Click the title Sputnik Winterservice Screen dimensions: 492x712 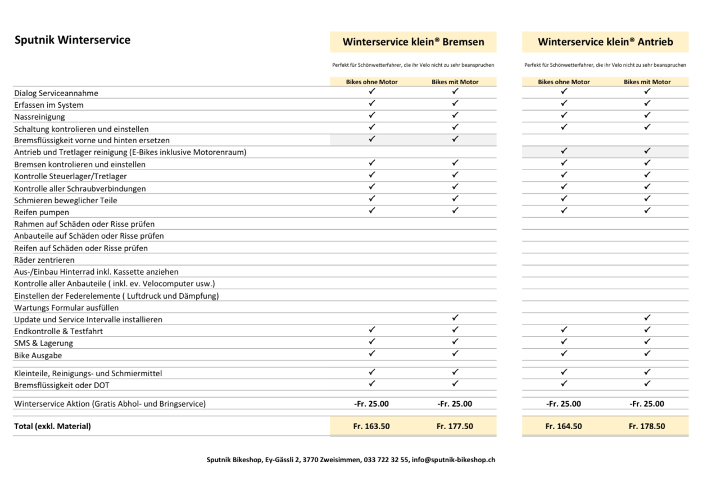pyautogui.click(x=72, y=40)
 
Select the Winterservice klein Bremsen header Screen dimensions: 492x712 pyautogui.click(x=413, y=42)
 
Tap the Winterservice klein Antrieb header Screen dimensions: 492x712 pyautogui.click(x=605, y=42)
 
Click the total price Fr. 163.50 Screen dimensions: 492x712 pyautogui.click(x=371, y=426)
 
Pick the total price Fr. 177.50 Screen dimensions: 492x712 pyautogui.click(x=455, y=426)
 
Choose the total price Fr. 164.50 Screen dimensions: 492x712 pyautogui.click(x=563, y=426)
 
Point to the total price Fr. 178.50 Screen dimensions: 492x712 pyautogui.click(x=646, y=426)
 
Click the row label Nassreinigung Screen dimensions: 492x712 pyautogui.click(x=39, y=117)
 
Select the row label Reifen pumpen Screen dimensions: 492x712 pyautogui.click(x=42, y=212)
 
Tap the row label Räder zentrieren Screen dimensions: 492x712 pyautogui.click(x=44, y=260)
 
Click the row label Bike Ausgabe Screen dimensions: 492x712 pyautogui.click(x=38, y=356)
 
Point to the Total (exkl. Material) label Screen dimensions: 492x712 pyautogui.click(x=52, y=426)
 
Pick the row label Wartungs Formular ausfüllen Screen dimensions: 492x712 pyautogui.click(x=66, y=308)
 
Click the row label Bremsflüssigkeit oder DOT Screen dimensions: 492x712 pyautogui.click(x=62, y=385)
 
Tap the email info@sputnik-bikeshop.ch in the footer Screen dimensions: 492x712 pyautogui.click(x=453, y=459)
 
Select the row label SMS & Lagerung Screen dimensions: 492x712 pyautogui.click(x=43, y=343)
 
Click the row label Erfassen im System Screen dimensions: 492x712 pyautogui.click(x=49, y=105)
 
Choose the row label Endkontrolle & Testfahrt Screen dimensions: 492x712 pyautogui.click(x=58, y=331)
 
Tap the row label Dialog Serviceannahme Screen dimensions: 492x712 pyautogui.click(x=56, y=93)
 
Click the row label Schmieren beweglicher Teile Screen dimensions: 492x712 pyautogui.click(x=66, y=201)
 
